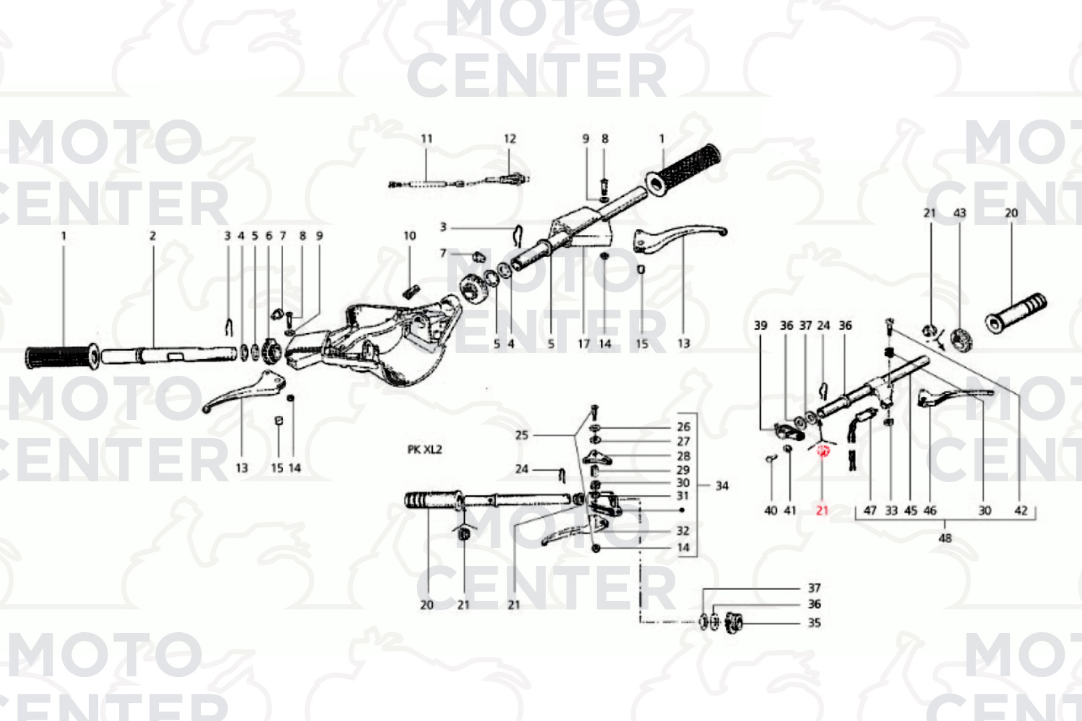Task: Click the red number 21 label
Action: [x=822, y=510]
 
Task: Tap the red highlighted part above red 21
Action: [x=823, y=451]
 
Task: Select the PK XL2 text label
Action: [x=425, y=449]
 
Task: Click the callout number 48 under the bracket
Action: [x=945, y=538]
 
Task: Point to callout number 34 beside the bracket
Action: [x=721, y=486]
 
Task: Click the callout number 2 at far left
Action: [x=153, y=236]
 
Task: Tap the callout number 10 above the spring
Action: [x=409, y=236]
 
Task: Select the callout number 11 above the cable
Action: [x=427, y=139]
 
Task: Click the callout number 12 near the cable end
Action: [x=510, y=139]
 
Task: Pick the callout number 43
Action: [x=959, y=213]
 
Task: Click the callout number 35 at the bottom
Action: [x=814, y=623]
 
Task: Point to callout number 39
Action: [x=761, y=326]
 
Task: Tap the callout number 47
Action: [x=870, y=511]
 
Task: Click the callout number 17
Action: [x=584, y=344]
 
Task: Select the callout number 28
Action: [x=683, y=456]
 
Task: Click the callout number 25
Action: [x=522, y=435]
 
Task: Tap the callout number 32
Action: [x=683, y=531]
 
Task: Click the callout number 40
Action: [x=771, y=511]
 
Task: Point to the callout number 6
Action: [x=269, y=236]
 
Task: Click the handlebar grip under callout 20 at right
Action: [x=1017, y=313]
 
